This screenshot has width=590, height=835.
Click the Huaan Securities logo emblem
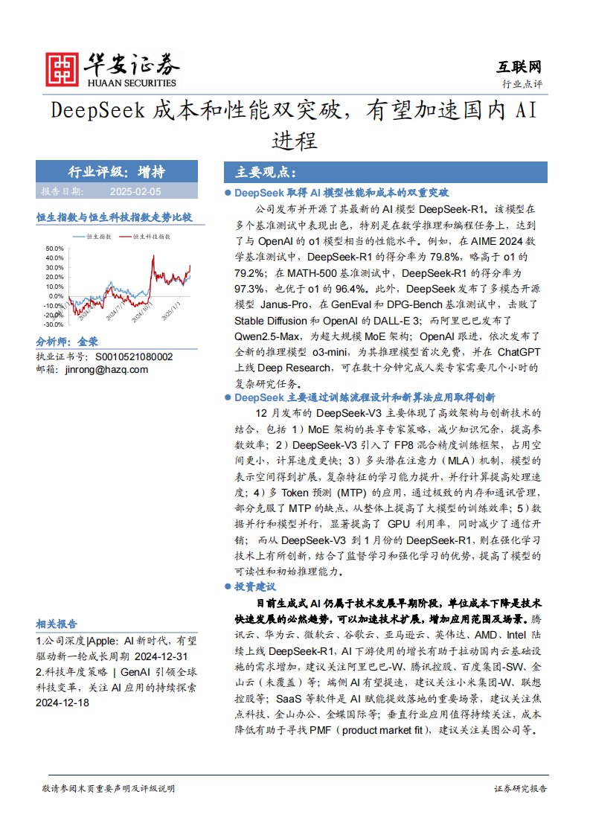tap(62, 69)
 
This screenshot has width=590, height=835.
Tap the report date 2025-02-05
tap(135, 191)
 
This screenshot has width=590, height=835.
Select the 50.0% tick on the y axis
tap(54, 248)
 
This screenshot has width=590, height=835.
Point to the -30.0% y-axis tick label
tap(54, 324)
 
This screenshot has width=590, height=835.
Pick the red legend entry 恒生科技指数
tap(151, 236)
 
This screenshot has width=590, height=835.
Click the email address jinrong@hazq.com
tap(106, 369)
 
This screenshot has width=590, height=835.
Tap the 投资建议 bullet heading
tap(256, 586)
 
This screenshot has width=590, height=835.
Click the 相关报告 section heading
tap(56, 624)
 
